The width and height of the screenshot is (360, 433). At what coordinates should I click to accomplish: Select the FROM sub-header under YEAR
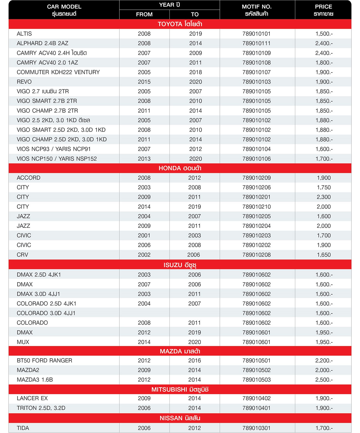click(x=144, y=14)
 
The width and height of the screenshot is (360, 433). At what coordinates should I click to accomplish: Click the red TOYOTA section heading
click(x=180, y=24)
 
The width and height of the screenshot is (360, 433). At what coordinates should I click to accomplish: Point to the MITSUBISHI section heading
click(x=180, y=390)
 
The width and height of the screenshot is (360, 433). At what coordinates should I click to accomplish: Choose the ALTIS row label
click(x=24, y=34)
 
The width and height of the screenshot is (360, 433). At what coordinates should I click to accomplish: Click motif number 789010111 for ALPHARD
click(x=256, y=43)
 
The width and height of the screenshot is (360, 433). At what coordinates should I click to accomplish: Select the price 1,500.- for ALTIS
click(x=324, y=34)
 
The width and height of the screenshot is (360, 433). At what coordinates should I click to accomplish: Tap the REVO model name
click(x=24, y=82)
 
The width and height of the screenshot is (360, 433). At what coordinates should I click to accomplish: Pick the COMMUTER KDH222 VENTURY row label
click(x=58, y=72)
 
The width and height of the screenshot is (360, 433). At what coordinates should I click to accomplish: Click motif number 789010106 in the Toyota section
click(x=256, y=159)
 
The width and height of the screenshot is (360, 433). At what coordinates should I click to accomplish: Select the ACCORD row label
click(x=29, y=178)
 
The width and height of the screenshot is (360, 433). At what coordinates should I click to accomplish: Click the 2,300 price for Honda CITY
click(x=324, y=197)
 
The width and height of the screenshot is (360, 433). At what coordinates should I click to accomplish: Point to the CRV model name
click(x=22, y=255)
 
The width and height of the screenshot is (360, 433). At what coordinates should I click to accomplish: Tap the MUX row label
click(x=23, y=342)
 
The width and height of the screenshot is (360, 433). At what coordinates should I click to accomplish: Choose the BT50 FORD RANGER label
click(x=45, y=361)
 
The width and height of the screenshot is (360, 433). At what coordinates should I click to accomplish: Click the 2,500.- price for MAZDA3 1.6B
click(x=324, y=380)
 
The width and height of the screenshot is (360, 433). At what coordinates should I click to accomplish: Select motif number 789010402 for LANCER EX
click(x=256, y=398)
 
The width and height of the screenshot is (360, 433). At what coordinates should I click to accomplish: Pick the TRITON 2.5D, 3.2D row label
click(x=41, y=408)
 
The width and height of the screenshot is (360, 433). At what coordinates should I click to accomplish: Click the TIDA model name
click(x=23, y=428)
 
